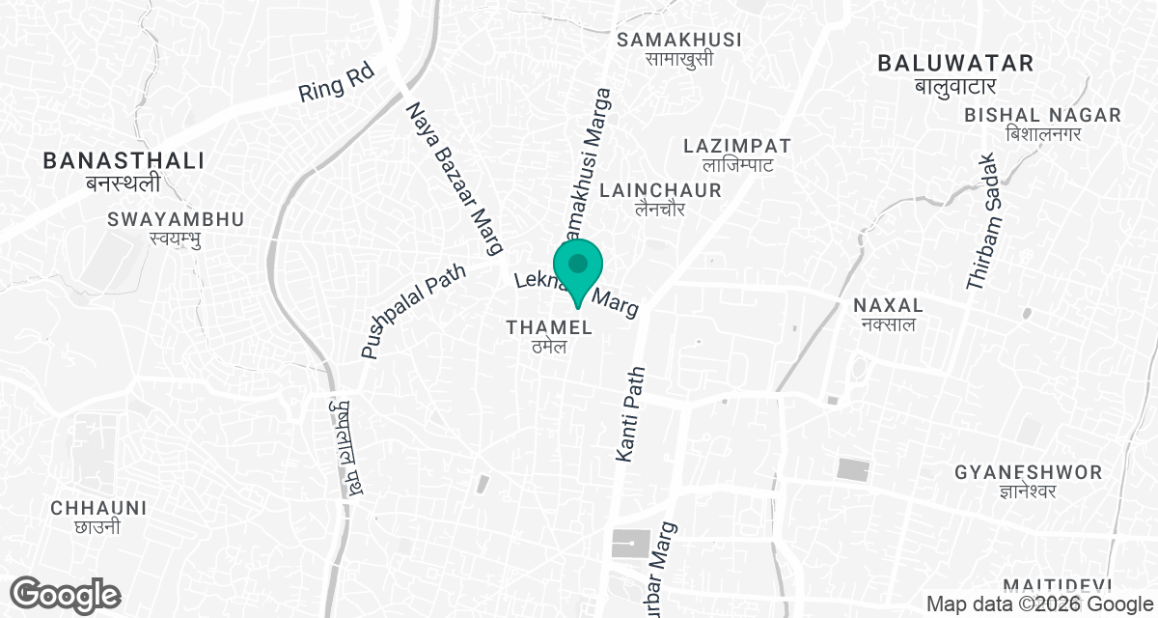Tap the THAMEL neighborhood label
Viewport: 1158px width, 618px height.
point(549,328)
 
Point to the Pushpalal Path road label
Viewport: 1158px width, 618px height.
point(413,312)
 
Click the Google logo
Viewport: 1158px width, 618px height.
point(66,593)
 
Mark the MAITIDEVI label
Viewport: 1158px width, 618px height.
point(1058,586)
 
